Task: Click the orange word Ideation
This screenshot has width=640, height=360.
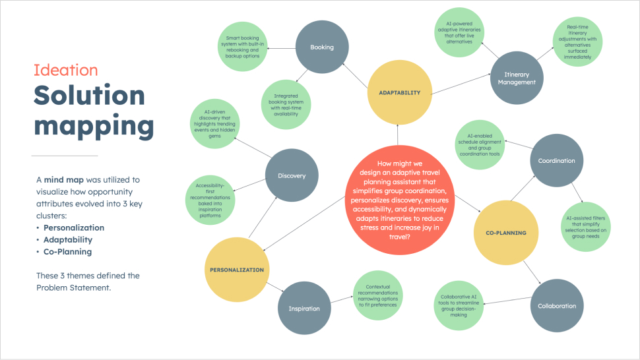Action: [x=66, y=71]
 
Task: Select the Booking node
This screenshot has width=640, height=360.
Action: [x=322, y=47]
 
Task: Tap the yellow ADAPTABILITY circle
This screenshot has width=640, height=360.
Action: [x=399, y=93]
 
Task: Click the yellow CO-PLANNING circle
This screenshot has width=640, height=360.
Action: [x=506, y=233]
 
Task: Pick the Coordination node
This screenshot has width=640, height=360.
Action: [x=556, y=161]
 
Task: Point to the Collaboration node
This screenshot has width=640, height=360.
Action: [x=556, y=306]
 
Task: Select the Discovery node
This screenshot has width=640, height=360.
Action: [x=292, y=176]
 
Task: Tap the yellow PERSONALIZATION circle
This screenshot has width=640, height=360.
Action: [x=236, y=270]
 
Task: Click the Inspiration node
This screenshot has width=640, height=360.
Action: [x=304, y=309]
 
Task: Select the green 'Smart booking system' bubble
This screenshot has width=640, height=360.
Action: [x=241, y=47]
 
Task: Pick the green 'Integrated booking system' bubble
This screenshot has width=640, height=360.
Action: [x=284, y=105]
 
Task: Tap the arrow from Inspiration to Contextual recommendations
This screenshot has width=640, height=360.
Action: [x=340, y=301]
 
